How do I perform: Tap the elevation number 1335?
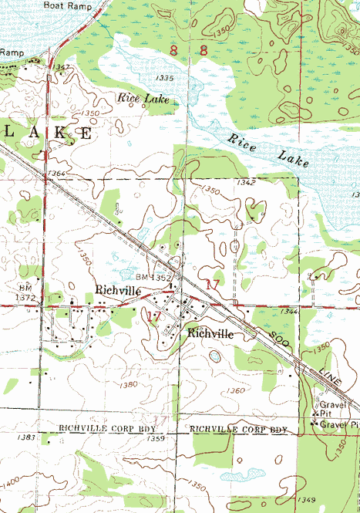click(163, 79)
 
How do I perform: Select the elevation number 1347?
click(63, 68)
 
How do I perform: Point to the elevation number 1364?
click(56, 174)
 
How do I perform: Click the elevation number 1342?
click(247, 182)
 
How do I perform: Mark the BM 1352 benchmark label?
click(153, 277)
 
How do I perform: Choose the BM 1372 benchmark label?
click(26, 292)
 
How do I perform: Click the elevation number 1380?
click(129, 383)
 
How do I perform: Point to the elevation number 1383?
click(25, 437)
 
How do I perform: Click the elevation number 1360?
click(236, 390)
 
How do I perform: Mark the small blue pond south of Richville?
click(214, 358)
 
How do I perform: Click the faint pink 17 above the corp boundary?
click(161, 417)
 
